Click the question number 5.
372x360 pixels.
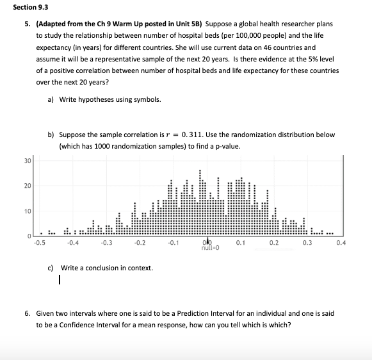28,24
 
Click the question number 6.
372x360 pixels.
28,314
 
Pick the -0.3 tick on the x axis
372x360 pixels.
106,243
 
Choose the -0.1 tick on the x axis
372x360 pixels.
174,243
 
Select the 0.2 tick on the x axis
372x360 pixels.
274,243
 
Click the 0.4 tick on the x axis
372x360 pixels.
341,243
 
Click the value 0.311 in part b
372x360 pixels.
194,135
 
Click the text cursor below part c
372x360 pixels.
59,279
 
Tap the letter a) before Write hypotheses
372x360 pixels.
51,99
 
